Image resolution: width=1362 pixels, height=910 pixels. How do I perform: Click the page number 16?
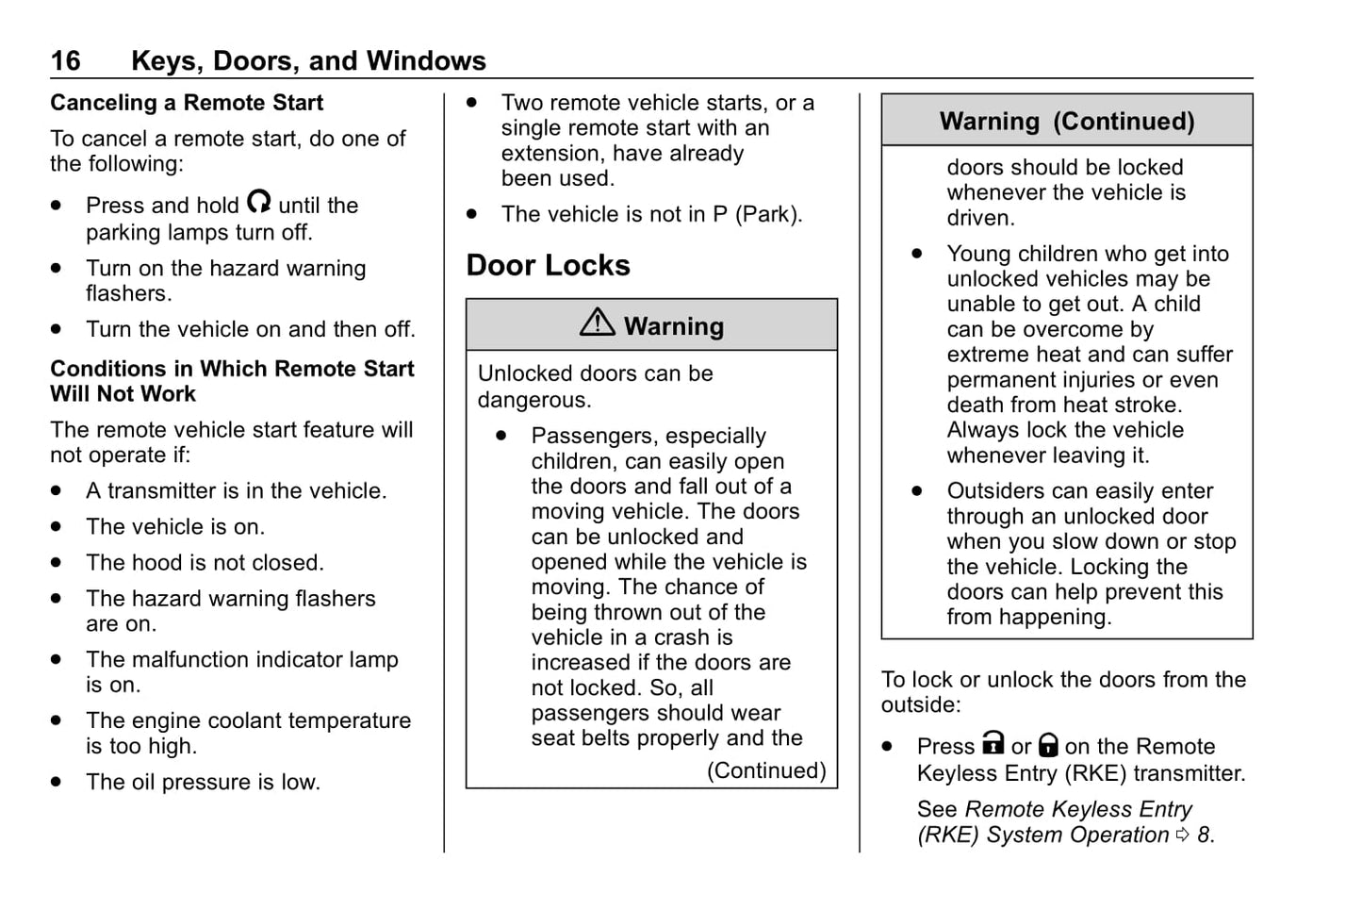click(65, 61)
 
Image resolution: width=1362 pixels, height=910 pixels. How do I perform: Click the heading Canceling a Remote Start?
click(186, 103)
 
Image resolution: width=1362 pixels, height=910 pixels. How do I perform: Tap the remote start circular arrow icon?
click(258, 202)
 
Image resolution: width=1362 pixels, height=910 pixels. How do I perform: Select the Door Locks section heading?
click(548, 266)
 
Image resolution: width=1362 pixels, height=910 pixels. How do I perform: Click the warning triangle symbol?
click(598, 323)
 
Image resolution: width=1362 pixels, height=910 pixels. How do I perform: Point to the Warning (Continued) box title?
click(1066, 122)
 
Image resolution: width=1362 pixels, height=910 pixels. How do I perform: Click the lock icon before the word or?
click(993, 744)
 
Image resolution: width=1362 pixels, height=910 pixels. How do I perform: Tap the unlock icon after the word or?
click(1048, 746)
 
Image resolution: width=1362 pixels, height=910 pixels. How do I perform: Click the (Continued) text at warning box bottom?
click(766, 770)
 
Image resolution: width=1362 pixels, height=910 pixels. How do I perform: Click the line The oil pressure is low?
click(203, 782)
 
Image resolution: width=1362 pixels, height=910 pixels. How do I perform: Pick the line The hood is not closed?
click(205, 563)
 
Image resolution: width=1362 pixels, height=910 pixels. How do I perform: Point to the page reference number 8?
click(1203, 835)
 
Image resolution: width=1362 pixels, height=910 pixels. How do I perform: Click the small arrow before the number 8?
click(1183, 835)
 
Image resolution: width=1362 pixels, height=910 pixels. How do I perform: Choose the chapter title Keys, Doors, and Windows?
click(308, 61)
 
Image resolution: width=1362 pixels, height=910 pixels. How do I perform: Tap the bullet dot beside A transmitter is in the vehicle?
click(57, 491)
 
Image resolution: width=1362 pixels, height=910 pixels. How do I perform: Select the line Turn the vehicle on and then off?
click(250, 329)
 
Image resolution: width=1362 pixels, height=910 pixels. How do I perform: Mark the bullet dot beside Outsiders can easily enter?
click(917, 491)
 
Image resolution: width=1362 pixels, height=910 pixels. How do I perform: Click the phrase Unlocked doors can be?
click(595, 373)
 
